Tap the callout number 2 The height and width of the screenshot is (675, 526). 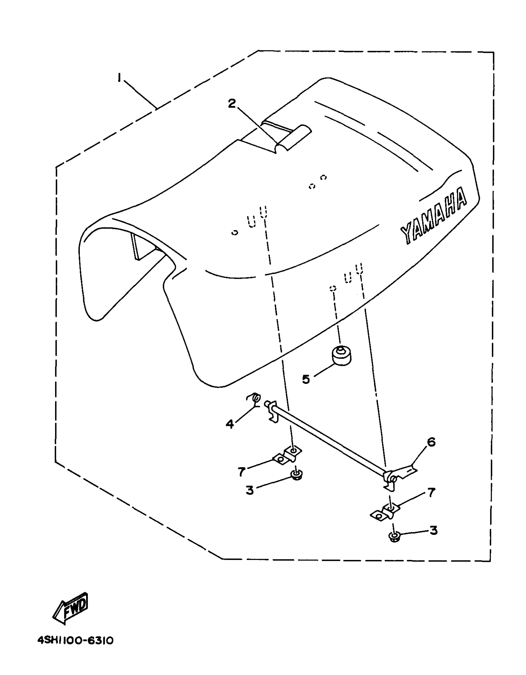pos(232,104)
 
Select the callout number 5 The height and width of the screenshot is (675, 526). pos(306,379)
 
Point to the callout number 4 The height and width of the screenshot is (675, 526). pos(230,423)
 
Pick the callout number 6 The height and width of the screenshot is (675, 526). pos(431,442)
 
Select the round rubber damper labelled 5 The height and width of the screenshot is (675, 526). pos(341,357)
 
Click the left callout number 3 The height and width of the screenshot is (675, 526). pos(250,490)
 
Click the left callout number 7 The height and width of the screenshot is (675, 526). pos(242,471)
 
